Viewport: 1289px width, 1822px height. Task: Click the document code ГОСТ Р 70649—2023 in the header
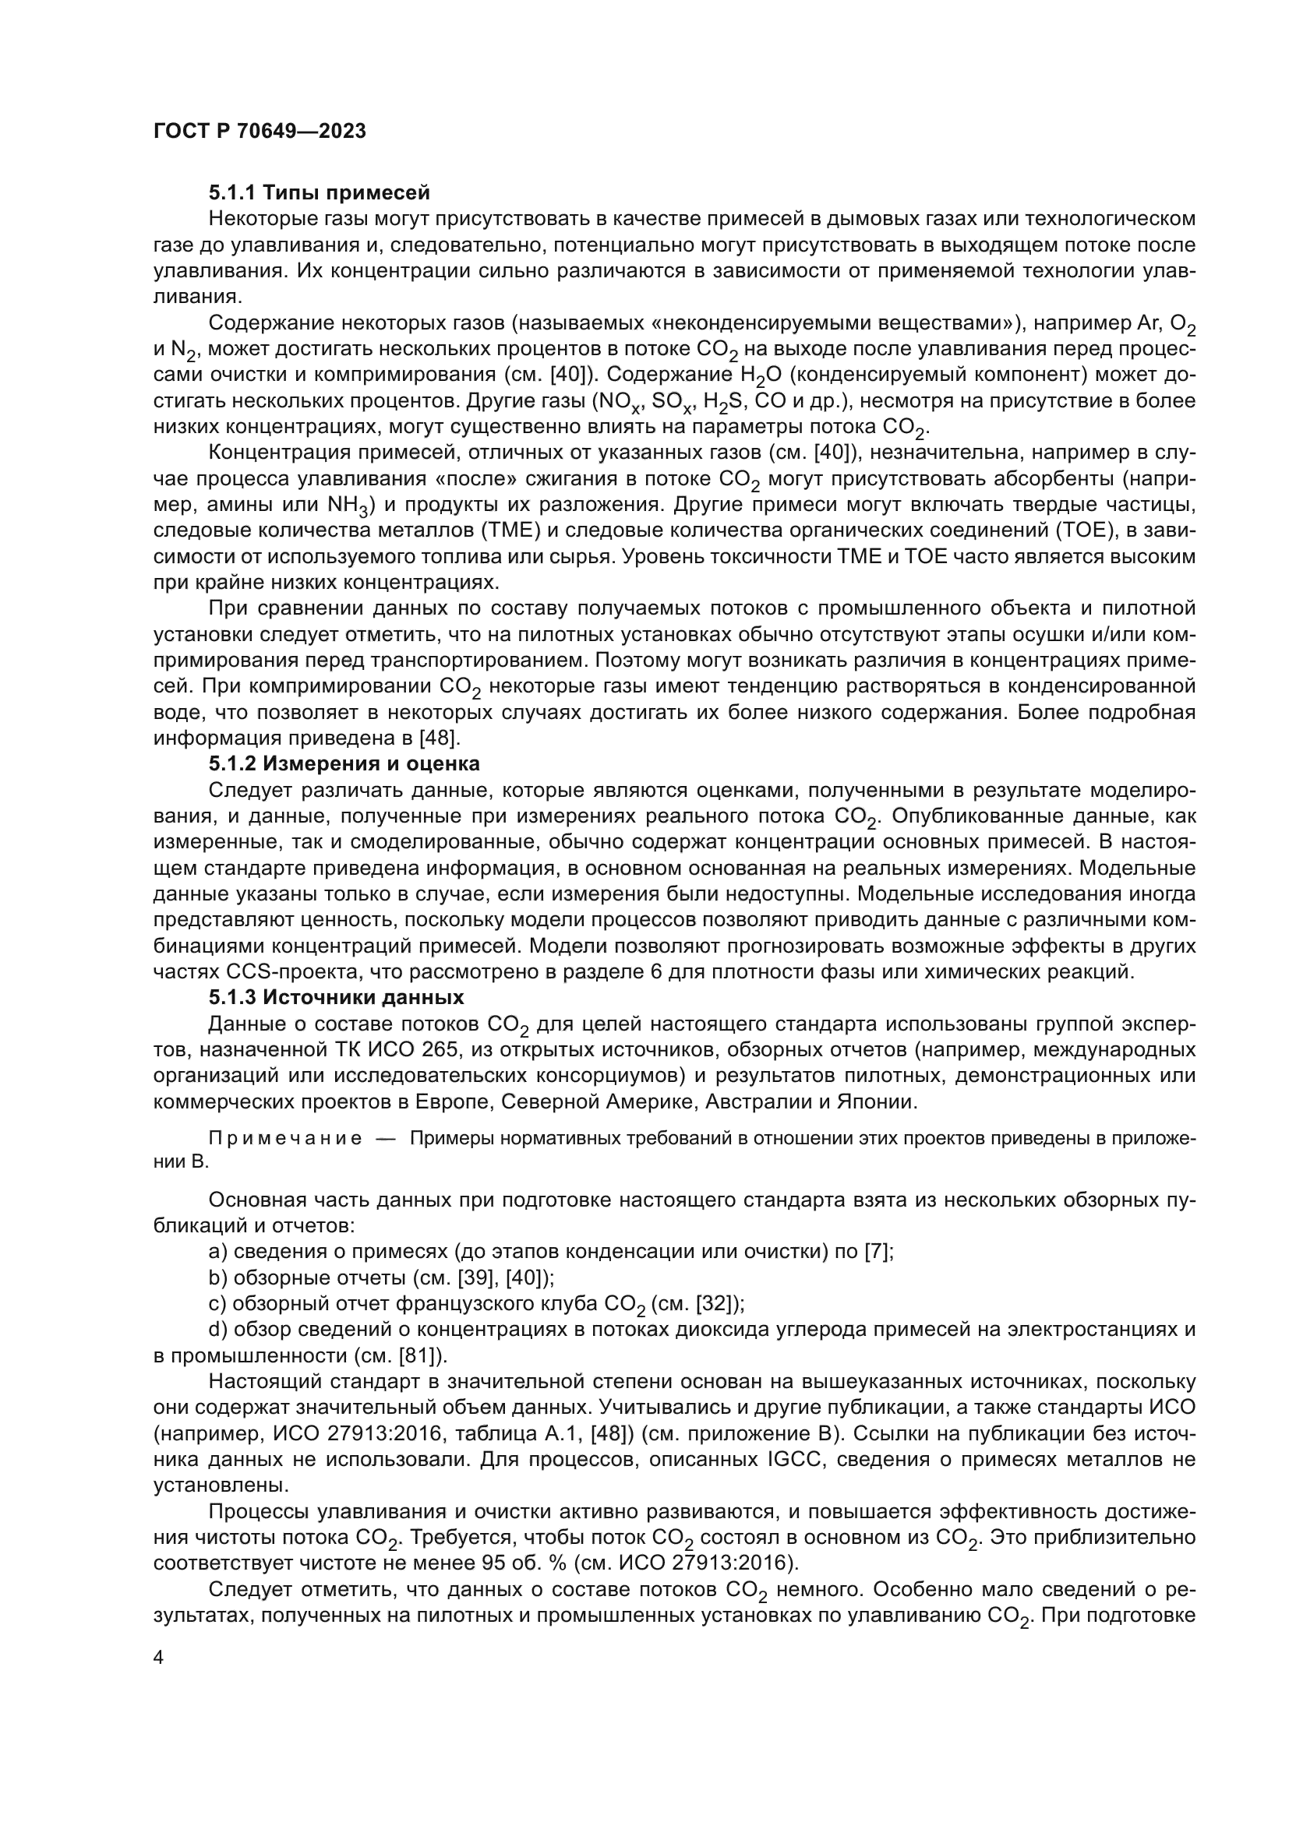coord(260,132)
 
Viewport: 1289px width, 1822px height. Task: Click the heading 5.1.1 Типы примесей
coord(319,193)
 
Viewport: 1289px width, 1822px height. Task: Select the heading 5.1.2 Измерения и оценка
coord(344,764)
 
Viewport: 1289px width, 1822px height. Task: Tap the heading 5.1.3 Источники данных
coord(336,997)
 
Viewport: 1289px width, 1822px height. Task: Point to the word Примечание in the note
coord(285,1139)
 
